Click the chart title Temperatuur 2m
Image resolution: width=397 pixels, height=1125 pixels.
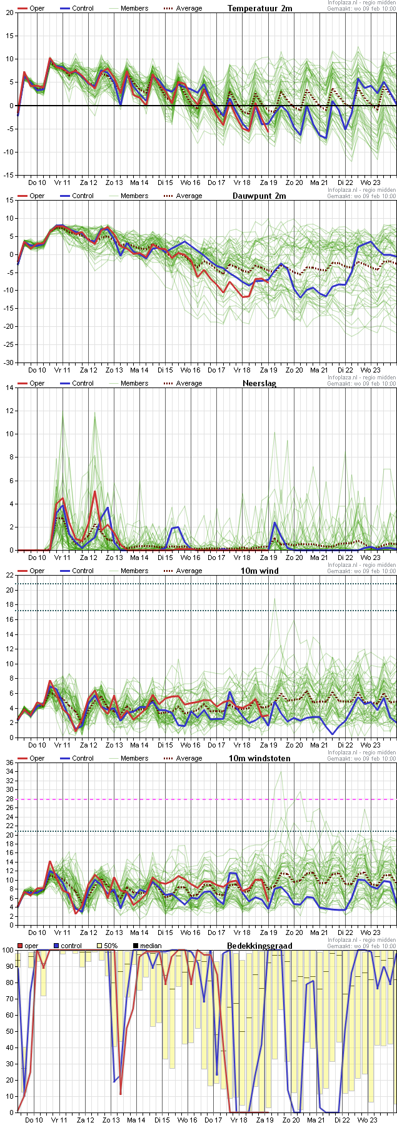pyautogui.click(x=259, y=8)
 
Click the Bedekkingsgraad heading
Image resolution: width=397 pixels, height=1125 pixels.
pyautogui.click(x=259, y=946)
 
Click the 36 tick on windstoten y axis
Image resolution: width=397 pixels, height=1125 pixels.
pyautogui.click(x=9, y=762)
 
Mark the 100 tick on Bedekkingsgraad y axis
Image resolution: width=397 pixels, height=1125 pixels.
pyautogui.click(x=8, y=950)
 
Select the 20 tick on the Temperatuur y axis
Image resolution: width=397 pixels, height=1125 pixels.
pyautogui.click(x=9, y=12)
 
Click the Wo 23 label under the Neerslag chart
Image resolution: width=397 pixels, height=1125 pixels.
pyautogui.click(x=371, y=557)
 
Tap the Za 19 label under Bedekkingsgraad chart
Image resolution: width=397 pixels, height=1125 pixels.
pyautogui.click(x=265, y=1120)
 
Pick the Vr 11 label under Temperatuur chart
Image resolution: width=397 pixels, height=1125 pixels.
pyautogui.click(x=63, y=182)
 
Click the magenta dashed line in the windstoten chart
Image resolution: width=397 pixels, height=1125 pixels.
pyautogui.click(x=206, y=799)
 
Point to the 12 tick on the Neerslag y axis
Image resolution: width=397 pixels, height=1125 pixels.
pyautogui.click(x=9, y=411)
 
